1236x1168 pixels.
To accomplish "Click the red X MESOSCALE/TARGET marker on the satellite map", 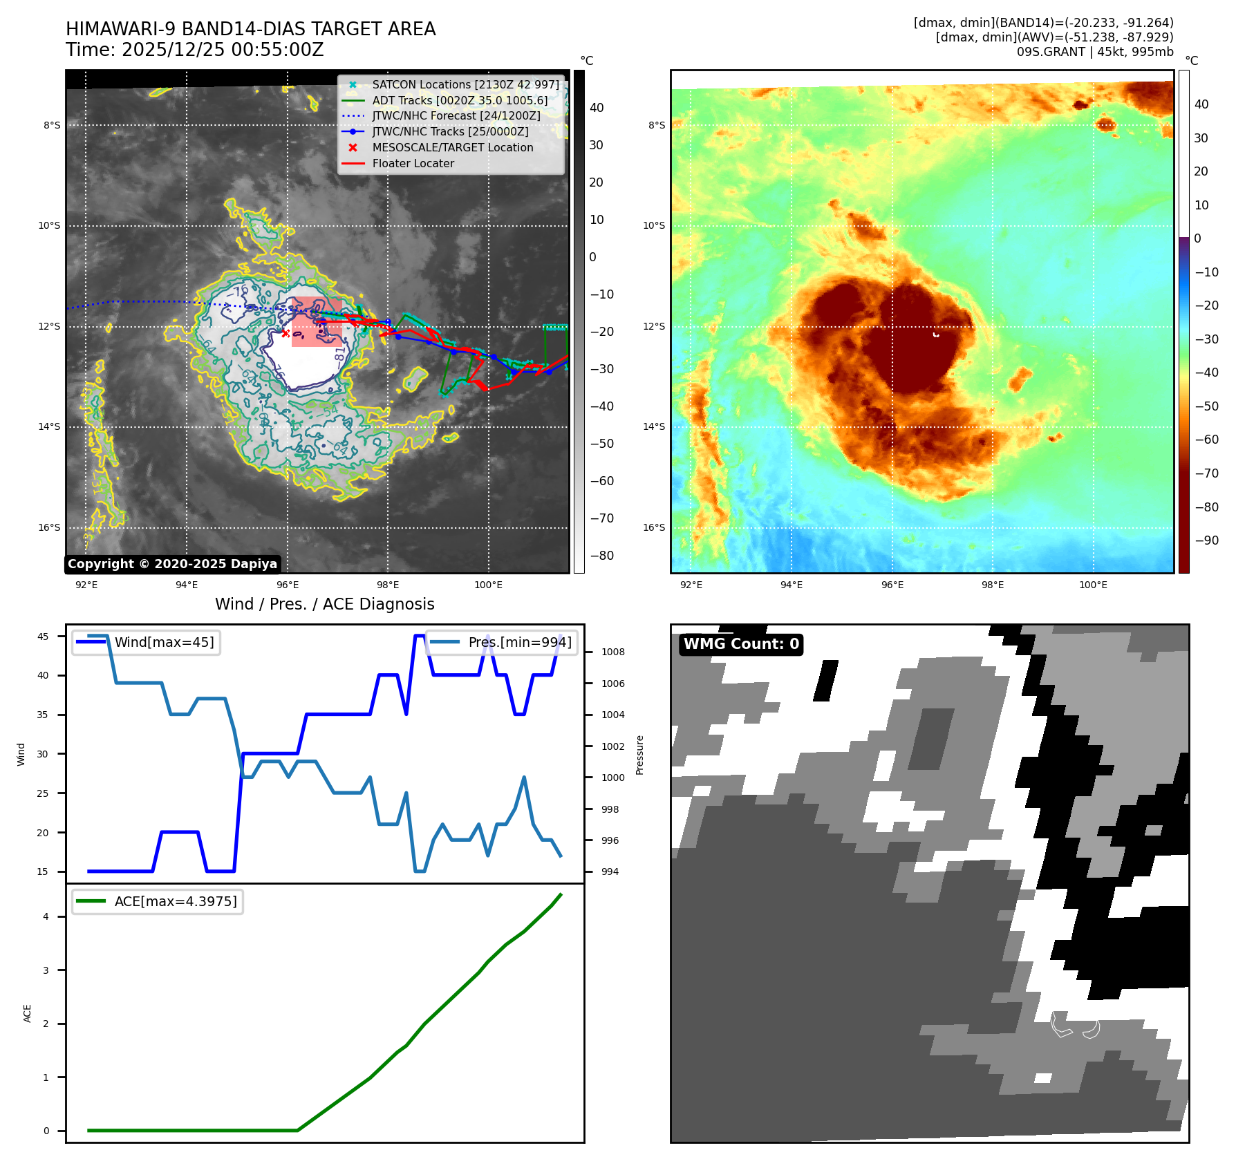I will (285, 333).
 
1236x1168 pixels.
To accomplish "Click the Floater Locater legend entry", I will (413, 163).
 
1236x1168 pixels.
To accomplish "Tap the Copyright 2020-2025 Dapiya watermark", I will (172, 564).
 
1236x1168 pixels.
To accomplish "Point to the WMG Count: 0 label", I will (741, 644).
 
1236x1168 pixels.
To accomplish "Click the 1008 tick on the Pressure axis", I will (612, 652).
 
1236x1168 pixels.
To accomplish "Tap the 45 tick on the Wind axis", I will (43, 637).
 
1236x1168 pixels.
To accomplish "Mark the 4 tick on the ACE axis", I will (46, 916).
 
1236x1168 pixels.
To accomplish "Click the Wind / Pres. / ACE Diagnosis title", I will (325, 604).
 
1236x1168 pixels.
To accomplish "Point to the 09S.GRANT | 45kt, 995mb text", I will (1095, 52).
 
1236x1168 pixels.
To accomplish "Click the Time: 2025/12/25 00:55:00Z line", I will (195, 50).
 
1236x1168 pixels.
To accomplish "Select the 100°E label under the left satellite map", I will (488, 585).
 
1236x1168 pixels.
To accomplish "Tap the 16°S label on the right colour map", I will (654, 527).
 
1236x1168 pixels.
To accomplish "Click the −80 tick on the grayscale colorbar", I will (601, 556).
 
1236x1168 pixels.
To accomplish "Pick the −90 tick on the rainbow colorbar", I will (1206, 540).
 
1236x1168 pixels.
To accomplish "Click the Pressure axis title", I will (639, 755).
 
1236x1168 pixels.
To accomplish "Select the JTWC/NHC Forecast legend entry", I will (456, 115).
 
